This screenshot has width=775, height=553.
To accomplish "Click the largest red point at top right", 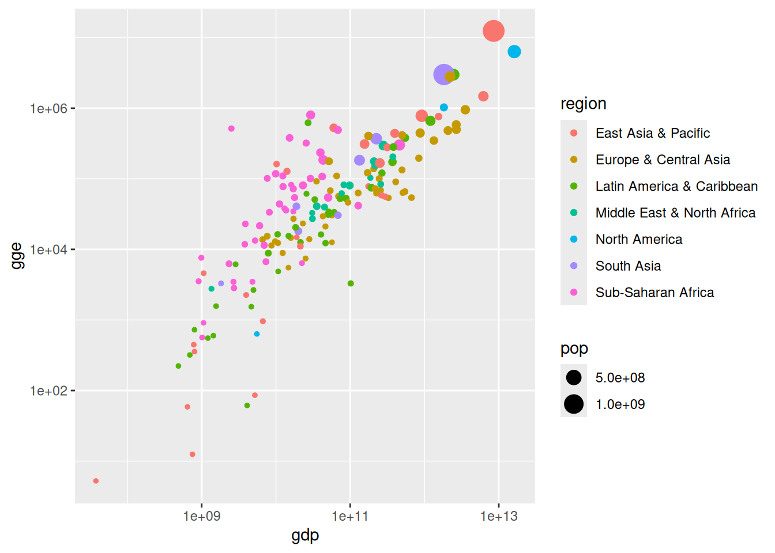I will pyautogui.click(x=494, y=31).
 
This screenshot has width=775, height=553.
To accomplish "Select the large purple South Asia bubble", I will pyautogui.click(x=443, y=74).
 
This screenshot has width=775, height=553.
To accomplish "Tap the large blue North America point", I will pyautogui.click(x=514, y=52).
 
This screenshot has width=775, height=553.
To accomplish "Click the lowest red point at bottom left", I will pyautogui.click(x=96, y=481).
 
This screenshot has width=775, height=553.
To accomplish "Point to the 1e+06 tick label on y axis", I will pyautogui.click(x=49, y=108).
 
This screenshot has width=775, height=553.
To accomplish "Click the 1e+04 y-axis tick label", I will pyautogui.click(x=49, y=249).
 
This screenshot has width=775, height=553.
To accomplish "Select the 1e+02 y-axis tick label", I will pyautogui.click(x=49, y=391).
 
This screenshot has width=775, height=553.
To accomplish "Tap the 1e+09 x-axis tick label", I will pyautogui.click(x=202, y=517).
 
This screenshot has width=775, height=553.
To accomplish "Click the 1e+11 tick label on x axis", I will pyautogui.click(x=350, y=517).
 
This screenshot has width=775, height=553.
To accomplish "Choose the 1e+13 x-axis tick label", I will pyautogui.click(x=499, y=517).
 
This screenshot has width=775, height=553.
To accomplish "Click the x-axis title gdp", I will pyautogui.click(x=305, y=536).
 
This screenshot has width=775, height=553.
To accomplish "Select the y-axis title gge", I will pyautogui.click(x=17, y=256).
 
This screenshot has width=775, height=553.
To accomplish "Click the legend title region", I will pyautogui.click(x=583, y=104).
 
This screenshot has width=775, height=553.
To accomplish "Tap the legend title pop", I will pyautogui.click(x=574, y=349).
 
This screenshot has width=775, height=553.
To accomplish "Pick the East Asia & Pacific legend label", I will pyautogui.click(x=652, y=133).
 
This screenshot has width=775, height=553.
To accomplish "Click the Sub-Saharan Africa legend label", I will pyautogui.click(x=654, y=293).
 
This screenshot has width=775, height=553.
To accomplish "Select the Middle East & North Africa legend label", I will pyautogui.click(x=675, y=213).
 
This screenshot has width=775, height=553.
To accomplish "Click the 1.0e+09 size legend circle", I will pyautogui.click(x=574, y=404).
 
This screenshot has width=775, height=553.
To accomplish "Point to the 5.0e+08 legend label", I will pyautogui.click(x=620, y=378).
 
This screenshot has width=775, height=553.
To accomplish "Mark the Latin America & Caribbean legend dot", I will pyautogui.click(x=574, y=186).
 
